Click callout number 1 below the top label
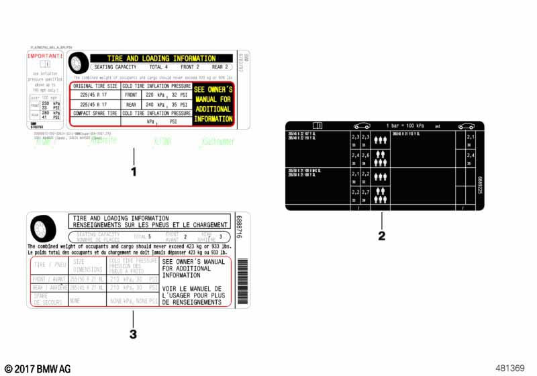point(134,172)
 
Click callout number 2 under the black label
point(382,236)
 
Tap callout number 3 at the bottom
point(133,334)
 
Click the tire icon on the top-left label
point(78,63)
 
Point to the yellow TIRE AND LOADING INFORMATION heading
point(162,58)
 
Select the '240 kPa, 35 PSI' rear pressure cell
point(166,105)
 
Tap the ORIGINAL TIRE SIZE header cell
point(95,87)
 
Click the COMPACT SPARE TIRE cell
point(95,113)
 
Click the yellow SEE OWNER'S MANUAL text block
point(213,104)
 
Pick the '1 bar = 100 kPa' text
point(405,126)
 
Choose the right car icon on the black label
point(466,126)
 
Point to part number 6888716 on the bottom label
point(240,230)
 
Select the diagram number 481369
point(509,368)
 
